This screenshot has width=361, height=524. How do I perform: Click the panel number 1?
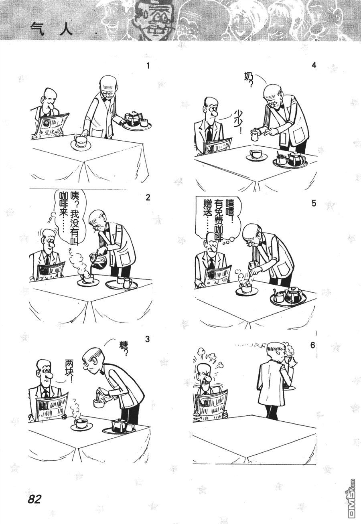click(x=148, y=66)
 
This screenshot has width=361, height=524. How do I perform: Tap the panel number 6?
click(x=313, y=345)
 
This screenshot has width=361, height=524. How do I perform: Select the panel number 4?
click(x=314, y=65)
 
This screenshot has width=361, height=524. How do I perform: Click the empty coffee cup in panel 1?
click(x=80, y=141)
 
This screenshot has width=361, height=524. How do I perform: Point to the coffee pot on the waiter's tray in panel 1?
click(x=132, y=118)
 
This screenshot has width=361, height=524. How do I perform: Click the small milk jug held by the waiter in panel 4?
click(x=254, y=135)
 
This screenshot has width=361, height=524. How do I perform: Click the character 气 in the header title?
click(x=37, y=30)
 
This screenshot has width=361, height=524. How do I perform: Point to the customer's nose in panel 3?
click(x=48, y=376)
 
